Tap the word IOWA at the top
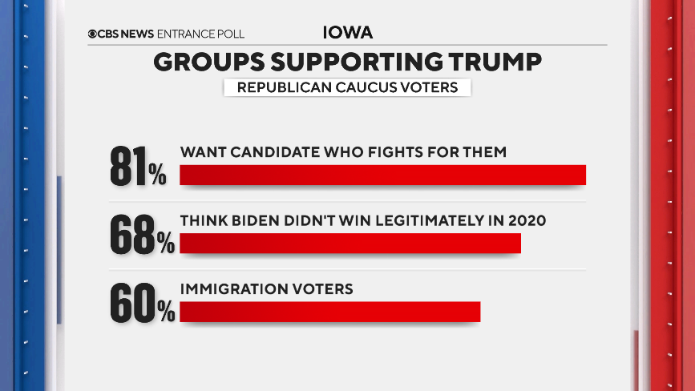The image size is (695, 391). [x=348, y=33]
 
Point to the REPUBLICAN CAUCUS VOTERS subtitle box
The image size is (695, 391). [x=347, y=87]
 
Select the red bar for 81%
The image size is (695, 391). [x=382, y=175]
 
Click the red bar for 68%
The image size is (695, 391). [x=350, y=243]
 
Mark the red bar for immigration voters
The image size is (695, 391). [x=329, y=312]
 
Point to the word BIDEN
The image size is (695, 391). [x=250, y=220]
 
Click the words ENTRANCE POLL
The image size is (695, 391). [x=201, y=34]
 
